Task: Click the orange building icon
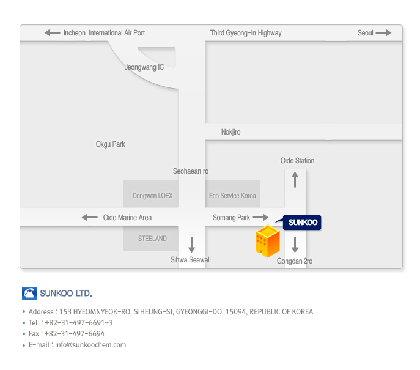tap(267, 241)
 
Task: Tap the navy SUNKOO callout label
tap(302, 223)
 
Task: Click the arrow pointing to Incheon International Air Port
tap(52, 33)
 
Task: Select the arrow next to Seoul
tap(383, 33)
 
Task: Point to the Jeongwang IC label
tap(144, 67)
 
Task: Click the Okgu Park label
tap(111, 144)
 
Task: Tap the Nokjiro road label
tap(230, 132)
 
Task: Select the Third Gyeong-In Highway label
tap(246, 33)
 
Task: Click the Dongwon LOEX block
tap(153, 196)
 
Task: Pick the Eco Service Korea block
tap(232, 196)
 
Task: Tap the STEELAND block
tap(152, 239)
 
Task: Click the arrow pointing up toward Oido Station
tap(295, 180)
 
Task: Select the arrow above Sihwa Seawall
tap(191, 245)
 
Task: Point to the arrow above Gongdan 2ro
tap(295, 245)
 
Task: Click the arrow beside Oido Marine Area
tap(90, 218)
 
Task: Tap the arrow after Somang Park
tap(261, 218)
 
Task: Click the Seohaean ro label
tap(191, 171)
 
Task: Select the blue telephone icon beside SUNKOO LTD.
tap(29, 293)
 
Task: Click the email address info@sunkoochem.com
tap(90, 345)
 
